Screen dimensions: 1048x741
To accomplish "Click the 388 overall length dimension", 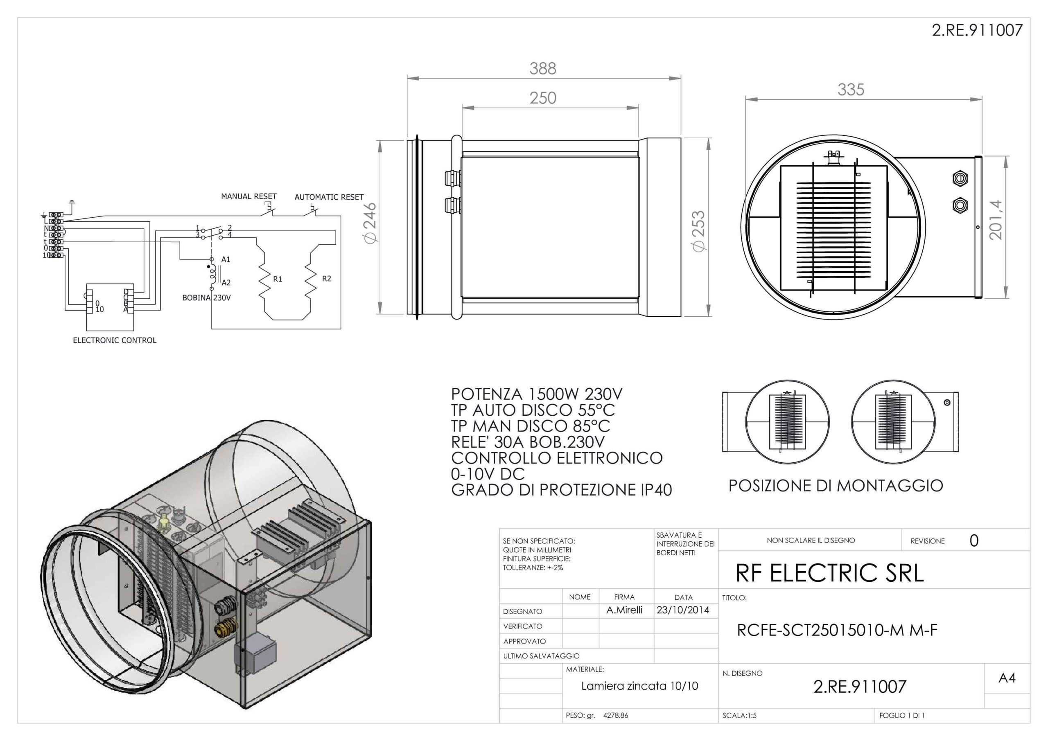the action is tap(543, 68).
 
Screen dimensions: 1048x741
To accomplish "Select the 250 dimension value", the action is tap(543, 98).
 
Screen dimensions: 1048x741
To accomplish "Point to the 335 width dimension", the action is tap(851, 90).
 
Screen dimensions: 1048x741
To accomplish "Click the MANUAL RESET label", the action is tap(249, 196).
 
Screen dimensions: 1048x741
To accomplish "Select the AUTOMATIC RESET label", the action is tap(329, 197).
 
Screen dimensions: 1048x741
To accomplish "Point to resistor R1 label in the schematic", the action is tap(278, 279).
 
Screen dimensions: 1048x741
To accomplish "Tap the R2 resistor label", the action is tap(326, 278).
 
